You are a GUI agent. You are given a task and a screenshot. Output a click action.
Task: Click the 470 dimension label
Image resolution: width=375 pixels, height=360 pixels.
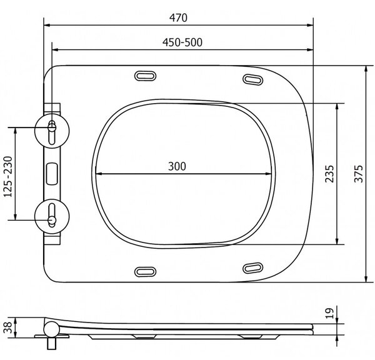(178, 17)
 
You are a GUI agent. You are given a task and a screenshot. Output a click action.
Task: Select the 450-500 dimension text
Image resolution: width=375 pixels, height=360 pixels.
(182, 42)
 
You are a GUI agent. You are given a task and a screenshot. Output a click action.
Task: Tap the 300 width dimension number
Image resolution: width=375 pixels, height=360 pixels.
(177, 166)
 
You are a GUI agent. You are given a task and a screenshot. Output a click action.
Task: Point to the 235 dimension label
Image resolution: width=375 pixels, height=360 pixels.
(329, 174)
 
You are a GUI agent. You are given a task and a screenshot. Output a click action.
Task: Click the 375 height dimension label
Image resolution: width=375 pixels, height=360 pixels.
(359, 174)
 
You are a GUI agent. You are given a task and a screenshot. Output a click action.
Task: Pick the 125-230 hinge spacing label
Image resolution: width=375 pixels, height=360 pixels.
(8, 176)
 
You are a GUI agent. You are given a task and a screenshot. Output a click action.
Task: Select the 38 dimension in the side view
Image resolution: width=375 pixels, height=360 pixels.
(8, 327)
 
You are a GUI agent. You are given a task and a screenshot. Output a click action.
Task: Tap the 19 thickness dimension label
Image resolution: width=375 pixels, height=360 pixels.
(329, 313)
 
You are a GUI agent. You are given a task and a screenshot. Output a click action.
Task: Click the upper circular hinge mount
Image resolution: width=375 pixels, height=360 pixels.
(52, 131)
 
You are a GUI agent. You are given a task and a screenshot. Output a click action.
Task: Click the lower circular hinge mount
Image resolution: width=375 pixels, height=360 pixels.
(52, 216)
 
